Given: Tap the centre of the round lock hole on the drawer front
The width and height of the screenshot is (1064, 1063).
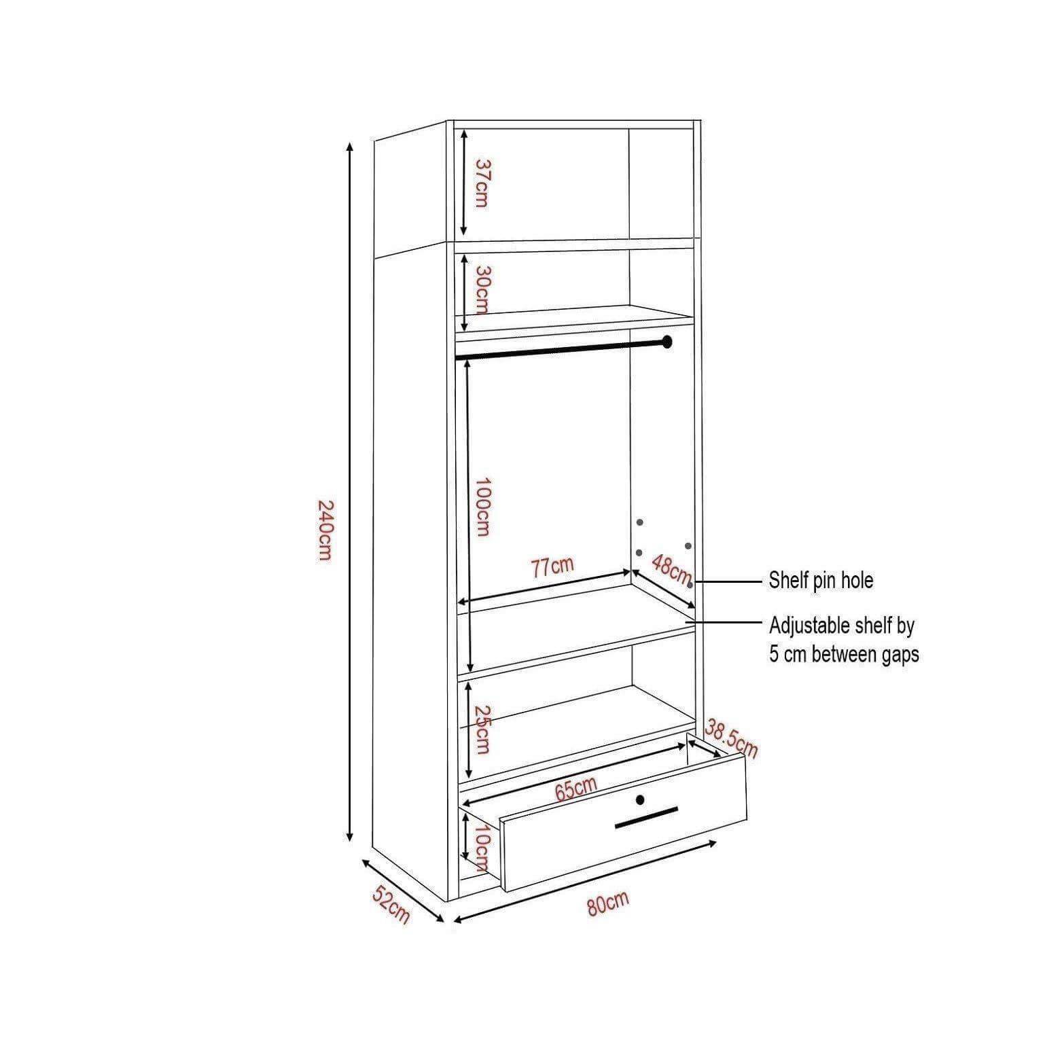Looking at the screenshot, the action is pyautogui.click(x=640, y=799).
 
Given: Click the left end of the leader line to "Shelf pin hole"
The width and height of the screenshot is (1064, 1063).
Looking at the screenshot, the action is pyautogui.click(x=692, y=582).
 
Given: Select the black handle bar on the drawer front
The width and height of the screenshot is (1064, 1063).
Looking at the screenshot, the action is pyautogui.click(x=647, y=818).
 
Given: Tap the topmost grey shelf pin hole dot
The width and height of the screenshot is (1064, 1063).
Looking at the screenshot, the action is pyautogui.click(x=639, y=522).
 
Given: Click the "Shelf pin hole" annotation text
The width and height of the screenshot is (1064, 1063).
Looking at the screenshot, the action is pyautogui.click(x=821, y=580).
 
